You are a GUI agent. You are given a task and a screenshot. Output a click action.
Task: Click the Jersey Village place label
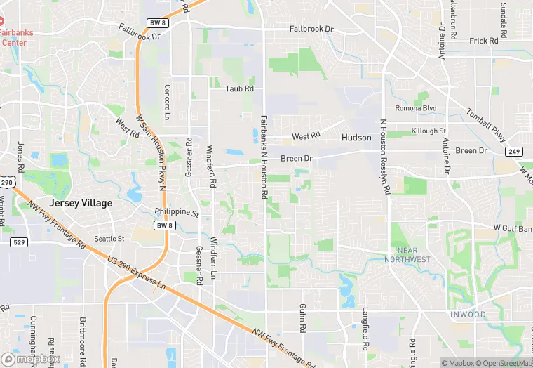pos(81,203)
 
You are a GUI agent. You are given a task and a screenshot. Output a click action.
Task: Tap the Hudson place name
pos(356,138)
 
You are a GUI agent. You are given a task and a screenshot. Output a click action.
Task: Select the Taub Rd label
pos(239,89)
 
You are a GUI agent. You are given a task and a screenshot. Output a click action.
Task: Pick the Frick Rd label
pos(484,41)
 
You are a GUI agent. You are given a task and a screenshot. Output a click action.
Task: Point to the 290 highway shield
pos(6,182)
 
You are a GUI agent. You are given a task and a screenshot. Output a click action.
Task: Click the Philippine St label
pos(177,212)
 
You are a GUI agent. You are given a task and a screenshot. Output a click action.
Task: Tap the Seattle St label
pos(109,239)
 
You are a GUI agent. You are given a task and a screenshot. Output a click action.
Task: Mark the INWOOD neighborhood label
pos(468,314)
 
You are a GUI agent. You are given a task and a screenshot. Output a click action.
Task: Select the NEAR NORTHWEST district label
pos(407,255)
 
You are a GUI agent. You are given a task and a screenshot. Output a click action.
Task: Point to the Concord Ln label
pos(168,102)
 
